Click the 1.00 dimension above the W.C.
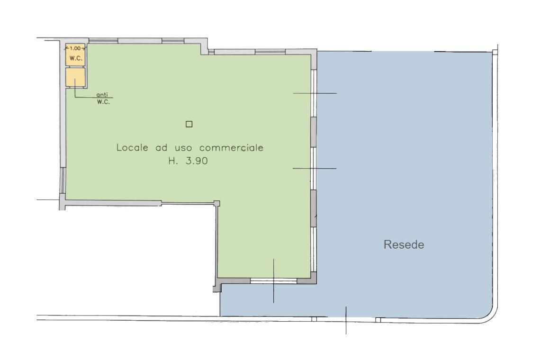(x=75, y=49)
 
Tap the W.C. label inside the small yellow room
(x=76, y=58)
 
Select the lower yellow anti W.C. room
(x=75, y=78)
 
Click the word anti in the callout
(x=102, y=95)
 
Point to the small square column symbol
(x=189, y=124)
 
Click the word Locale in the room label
(x=132, y=147)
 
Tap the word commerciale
(x=232, y=148)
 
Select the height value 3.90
(x=197, y=161)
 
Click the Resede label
(x=404, y=244)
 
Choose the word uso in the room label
(x=183, y=148)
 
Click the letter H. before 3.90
(x=173, y=161)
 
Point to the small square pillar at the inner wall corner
(x=216, y=203)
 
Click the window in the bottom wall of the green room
(x=273, y=281)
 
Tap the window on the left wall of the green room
(x=63, y=180)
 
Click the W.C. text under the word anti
(x=103, y=102)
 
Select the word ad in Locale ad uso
(x=162, y=148)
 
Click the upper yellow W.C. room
(x=75, y=55)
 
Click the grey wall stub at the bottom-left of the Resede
(x=217, y=288)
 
